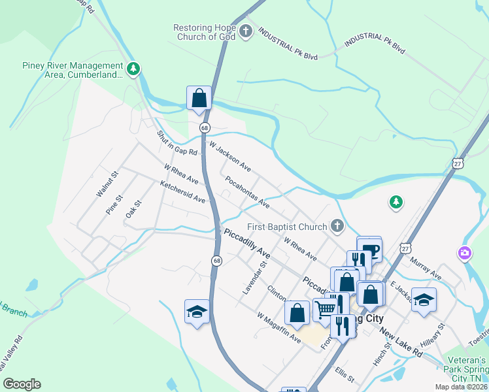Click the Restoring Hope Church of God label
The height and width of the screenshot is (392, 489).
click(205, 32)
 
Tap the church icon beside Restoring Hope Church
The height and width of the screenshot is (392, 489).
click(246, 31)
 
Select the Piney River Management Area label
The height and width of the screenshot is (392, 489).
click(73, 70)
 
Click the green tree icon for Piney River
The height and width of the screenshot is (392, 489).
click(133, 69)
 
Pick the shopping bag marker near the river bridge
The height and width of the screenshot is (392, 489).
click(199, 99)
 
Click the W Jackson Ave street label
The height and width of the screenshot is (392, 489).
click(230, 155)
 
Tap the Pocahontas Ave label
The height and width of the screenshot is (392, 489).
click(247, 191)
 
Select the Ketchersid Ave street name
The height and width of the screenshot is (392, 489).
click(183, 191)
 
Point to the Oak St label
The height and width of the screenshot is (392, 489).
click(133, 210)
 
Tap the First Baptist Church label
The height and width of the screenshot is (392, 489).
click(287, 227)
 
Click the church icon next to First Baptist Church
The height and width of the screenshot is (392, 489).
click(337, 226)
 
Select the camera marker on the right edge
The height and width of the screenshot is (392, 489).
click(464, 252)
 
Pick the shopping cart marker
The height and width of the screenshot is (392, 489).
click(326, 308)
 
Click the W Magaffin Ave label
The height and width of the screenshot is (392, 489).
click(278, 327)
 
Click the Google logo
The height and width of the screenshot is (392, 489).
click(22, 384)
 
